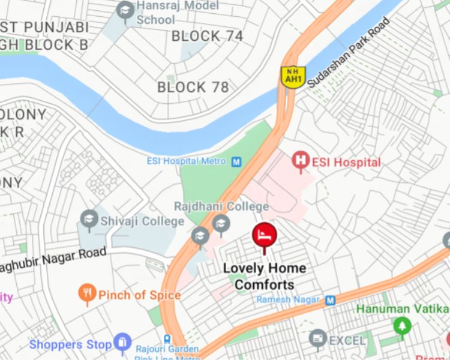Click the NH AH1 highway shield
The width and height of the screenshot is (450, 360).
pos(293,76)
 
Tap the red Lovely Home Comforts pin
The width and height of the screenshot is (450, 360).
pos(264,235)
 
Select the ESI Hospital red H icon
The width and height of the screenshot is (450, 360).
pos(301,161)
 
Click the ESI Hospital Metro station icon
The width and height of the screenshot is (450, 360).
pos(236,161)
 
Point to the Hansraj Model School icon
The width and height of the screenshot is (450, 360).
pos(125,10)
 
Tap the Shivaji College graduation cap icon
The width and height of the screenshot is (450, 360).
pos(89,218)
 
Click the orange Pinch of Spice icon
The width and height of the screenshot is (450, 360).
pos(88,293)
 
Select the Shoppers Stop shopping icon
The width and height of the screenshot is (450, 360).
pos(122,343)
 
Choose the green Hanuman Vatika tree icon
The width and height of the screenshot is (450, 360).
pos(402,326)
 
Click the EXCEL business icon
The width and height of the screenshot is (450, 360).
pos(317,339)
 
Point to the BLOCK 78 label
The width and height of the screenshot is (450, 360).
pos(193,88)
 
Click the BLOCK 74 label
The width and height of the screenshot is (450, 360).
pos(207,36)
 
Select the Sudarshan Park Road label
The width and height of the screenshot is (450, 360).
pos(349,53)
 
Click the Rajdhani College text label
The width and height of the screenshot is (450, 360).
pos(221,206)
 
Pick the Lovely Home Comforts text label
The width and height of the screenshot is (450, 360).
pos(265,276)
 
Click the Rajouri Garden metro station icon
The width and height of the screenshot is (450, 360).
pos(167,339)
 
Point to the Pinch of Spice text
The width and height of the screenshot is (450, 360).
pos(139,295)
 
